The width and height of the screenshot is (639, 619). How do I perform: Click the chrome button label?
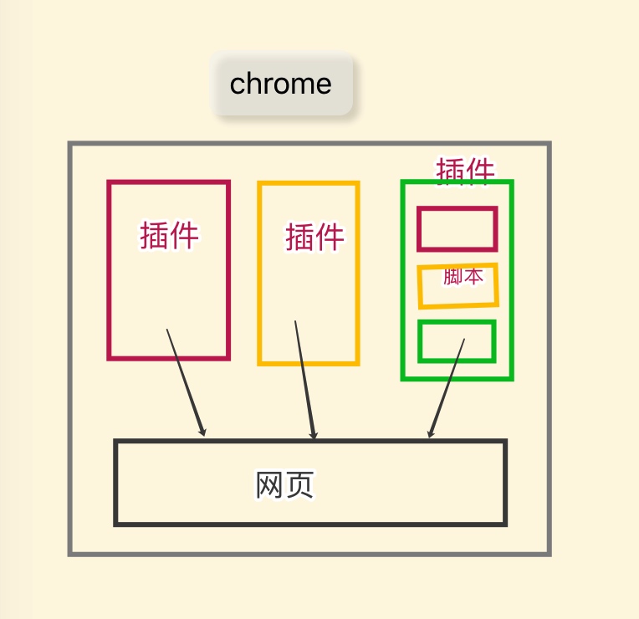point(281,84)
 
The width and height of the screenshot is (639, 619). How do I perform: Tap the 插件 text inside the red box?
point(170,235)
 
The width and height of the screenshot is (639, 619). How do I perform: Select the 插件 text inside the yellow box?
point(314,237)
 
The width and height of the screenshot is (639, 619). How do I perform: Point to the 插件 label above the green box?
point(465,170)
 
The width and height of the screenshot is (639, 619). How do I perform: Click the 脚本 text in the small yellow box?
point(463,277)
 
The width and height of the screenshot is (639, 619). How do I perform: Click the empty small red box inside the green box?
point(457,228)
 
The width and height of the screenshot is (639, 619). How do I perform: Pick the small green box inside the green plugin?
point(457,341)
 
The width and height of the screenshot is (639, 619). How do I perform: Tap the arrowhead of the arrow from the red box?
point(202,432)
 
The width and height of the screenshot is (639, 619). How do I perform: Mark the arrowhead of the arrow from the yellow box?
point(314,436)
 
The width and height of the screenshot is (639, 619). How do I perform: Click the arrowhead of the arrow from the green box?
point(430,433)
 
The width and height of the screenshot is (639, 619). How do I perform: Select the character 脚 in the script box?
point(452,277)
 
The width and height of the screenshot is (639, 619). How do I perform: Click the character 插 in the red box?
point(155,235)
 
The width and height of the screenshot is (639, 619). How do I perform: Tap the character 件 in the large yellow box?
point(330,237)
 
